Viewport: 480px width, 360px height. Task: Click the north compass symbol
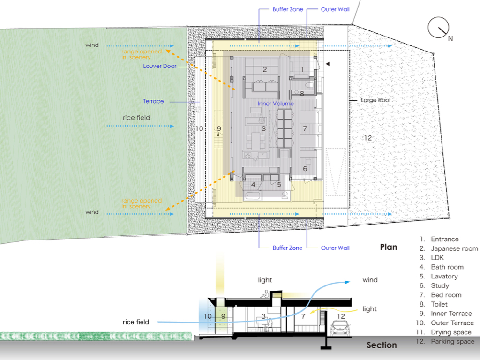(439, 28)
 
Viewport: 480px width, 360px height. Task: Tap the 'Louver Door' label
(160, 66)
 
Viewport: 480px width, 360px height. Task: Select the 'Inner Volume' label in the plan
(276, 104)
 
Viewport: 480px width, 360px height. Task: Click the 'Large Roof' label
(375, 100)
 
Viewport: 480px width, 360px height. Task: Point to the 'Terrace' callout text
(153, 101)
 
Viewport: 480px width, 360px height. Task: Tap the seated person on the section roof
(265, 294)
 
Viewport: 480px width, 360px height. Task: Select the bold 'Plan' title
(389, 247)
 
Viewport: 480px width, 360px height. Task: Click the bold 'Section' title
(382, 345)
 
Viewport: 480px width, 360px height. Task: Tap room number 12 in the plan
(368, 138)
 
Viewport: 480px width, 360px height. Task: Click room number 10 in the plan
(199, 128)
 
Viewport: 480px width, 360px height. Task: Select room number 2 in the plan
(265, 70)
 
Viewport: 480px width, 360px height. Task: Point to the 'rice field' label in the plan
(136, 118)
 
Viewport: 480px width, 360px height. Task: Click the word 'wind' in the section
(370, 280)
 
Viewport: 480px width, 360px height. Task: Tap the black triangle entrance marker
(328, 63)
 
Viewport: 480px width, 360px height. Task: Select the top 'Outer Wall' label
(335, 9)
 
